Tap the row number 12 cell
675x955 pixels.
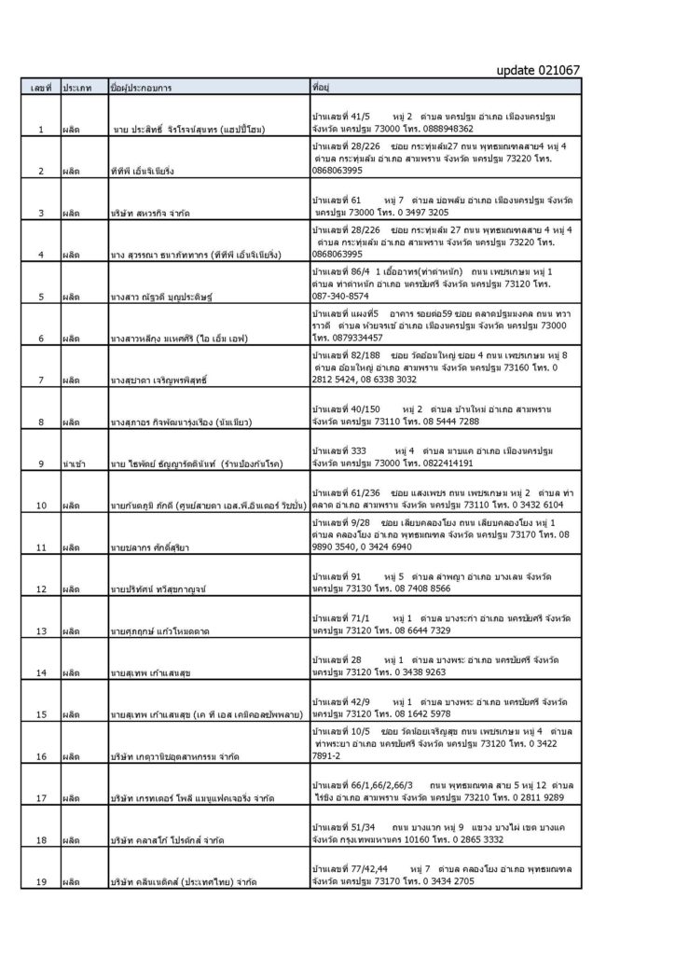pos(41,588)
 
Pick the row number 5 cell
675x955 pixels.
pos(41,296)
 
